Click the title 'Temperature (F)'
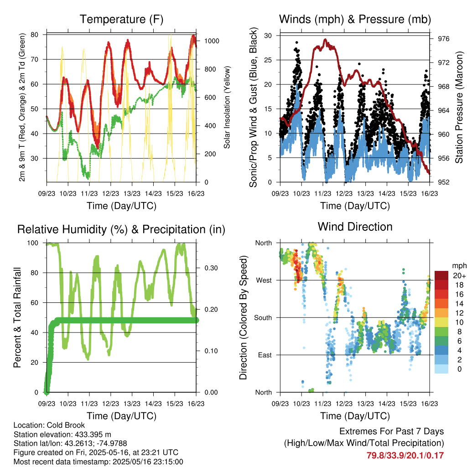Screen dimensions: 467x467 click(121, 19)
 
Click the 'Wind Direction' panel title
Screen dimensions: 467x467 click(355, 227)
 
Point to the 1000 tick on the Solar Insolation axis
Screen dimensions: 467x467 click(212, 41)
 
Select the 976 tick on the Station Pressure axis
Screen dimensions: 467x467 click(444, 39)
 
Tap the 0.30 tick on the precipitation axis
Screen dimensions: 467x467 click(211, 268)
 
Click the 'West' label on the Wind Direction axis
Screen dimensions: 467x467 click(264, 280)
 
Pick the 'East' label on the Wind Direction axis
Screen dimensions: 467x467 click(265, 355)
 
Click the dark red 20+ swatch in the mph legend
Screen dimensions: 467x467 click(441, 275)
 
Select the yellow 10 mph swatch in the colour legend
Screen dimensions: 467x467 click(441, 322)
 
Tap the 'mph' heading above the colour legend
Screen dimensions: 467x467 click(459, 266)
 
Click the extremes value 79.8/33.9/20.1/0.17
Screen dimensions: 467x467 click(405, 456)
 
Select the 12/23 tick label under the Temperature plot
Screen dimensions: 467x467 click(110, 193)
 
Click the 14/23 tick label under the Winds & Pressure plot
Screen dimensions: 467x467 click(387, 193)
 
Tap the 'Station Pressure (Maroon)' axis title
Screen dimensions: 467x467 click(459, 107)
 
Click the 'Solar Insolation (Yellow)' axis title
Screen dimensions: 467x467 click(227, 107)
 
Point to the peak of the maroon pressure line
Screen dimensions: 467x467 click(325, 40)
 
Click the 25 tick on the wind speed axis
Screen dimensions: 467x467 click(268, 60)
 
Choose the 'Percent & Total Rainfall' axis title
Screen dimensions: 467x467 click(17, 317)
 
